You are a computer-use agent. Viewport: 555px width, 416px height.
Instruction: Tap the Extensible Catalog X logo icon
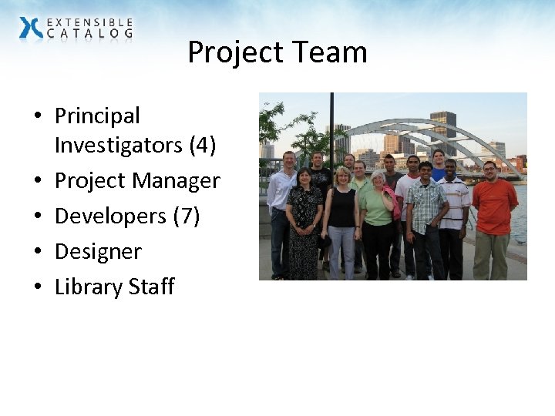(x=32, y=29)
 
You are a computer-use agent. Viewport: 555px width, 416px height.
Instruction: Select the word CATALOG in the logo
(x=89, y=34)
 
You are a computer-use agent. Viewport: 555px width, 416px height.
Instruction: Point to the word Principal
(x=97, y=116)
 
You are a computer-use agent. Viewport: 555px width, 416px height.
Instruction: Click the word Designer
(x=98, y=252)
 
